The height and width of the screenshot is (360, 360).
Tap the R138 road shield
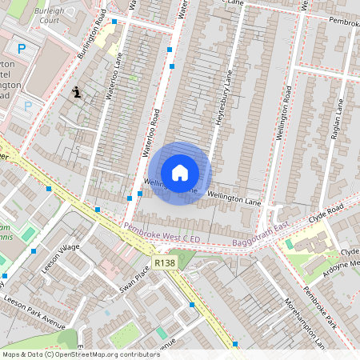tap(165, 262)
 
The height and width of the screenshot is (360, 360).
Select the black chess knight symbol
tap(77, 93)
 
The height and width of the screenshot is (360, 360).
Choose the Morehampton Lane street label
tap(305, 322)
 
